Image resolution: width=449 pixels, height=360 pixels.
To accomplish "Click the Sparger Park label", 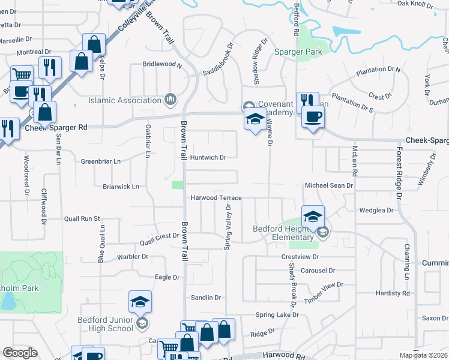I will click(298, 52).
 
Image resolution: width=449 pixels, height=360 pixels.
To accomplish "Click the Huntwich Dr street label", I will click(208, 158).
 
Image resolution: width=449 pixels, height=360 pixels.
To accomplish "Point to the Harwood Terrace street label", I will click(216, 198).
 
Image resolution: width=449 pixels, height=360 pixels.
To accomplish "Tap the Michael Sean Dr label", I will click(329, 186).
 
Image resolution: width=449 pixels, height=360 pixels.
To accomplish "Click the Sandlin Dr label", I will click(206, 298).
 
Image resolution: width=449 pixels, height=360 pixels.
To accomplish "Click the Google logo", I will click(20, 353).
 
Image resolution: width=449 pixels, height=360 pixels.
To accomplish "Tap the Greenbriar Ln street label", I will click(101, 161).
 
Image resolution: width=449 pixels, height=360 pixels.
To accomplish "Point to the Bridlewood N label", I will click(162, 64).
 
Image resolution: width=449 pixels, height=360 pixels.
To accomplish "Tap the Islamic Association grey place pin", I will click(170, 99).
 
